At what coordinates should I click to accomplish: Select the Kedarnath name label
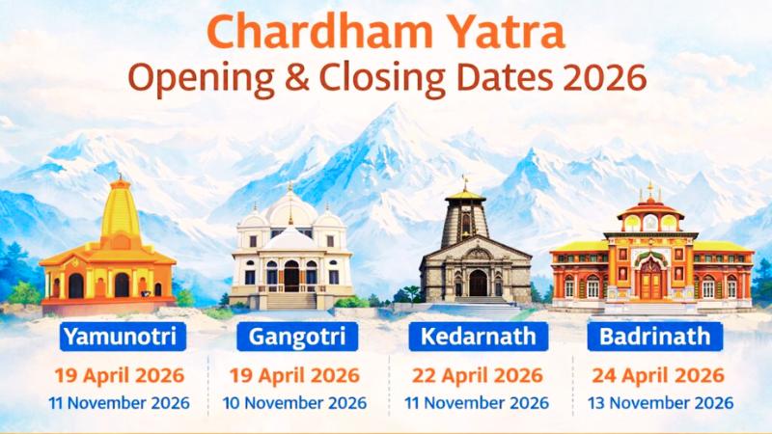tap(472, 337)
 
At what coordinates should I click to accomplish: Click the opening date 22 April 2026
tap(479, 374)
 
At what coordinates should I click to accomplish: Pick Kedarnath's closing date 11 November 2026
tap(479, 402)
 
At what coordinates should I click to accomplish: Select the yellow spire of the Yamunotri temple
tap(121, 210)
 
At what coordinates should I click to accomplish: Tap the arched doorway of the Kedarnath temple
tap(478, 283)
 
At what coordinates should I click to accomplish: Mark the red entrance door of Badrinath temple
tap(651, 280)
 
